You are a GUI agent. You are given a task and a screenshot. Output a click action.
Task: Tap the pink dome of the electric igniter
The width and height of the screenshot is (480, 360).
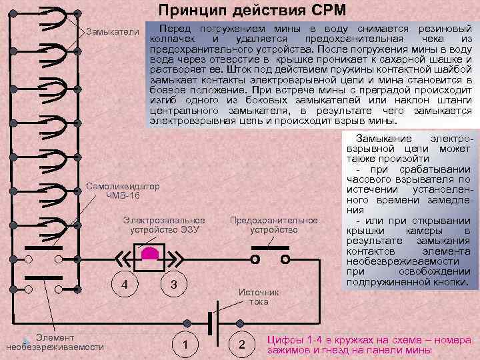tap(149, 253)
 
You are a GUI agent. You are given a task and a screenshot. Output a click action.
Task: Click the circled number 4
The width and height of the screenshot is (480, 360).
tap(124, 285)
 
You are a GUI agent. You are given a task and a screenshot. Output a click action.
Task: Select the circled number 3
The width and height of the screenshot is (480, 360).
tap(173, 285)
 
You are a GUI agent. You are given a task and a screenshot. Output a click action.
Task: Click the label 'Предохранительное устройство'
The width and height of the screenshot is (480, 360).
tap(273, 225)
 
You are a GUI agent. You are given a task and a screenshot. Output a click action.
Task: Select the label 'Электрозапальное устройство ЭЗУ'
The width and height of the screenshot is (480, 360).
tap(164, 225)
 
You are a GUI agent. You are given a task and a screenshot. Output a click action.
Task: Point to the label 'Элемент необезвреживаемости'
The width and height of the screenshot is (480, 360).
tap(55, 342)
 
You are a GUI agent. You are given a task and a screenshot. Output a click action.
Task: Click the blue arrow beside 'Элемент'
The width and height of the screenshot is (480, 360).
tap(27, 338)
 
